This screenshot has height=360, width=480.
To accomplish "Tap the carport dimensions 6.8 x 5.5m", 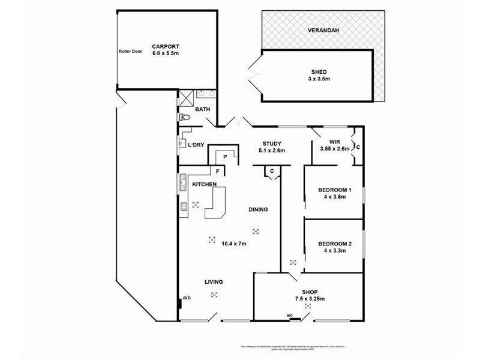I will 166,53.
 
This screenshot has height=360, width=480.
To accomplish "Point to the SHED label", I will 319,71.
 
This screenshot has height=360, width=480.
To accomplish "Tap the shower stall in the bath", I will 185,97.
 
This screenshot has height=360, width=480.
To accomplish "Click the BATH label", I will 203,109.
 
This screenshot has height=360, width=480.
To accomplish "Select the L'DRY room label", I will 197,145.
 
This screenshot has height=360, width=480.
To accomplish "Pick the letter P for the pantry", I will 224,157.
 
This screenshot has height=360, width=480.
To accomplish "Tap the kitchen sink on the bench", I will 182,182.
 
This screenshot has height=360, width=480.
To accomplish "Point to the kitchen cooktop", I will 183,206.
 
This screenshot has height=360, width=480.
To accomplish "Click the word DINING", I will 259,209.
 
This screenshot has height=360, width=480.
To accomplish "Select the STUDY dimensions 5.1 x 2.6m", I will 272,150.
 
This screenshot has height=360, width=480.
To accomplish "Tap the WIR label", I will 335,142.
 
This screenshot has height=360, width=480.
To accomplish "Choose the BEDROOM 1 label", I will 334,190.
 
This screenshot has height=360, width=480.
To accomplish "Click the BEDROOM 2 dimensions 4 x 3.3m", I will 335,250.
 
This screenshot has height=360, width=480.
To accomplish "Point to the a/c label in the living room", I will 187,298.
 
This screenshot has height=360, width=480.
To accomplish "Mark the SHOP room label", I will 310,292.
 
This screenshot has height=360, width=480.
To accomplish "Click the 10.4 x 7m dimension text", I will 234,244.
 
